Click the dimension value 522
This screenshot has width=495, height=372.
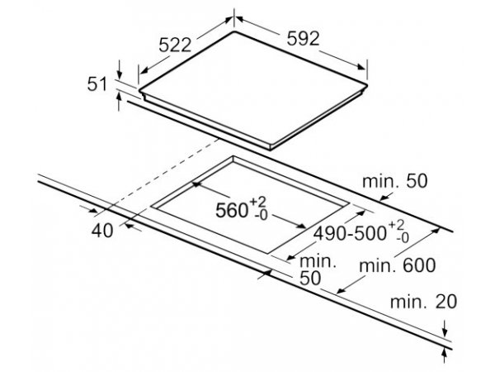[175, 45]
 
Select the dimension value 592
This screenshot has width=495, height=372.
[303, 39]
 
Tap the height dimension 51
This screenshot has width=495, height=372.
[97, 84]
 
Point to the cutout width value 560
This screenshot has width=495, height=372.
[232, 210]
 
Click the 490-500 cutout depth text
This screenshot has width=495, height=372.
[350, 234]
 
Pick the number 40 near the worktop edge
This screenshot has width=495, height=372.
[102, 231]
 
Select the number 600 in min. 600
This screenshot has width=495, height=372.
[419, 265]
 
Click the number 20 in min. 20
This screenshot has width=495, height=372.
[445, 302]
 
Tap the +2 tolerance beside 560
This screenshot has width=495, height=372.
[258, 203]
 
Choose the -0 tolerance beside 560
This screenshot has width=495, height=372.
[261, 216]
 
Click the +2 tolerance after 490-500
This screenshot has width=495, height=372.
[397, 226]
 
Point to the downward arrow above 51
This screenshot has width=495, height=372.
[119, 70]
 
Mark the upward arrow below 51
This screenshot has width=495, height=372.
[119, 101]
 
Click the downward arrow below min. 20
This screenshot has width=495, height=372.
[445, 329]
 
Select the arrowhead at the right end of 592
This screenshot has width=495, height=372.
[361, 66]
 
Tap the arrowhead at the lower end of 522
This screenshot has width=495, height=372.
[143, 70]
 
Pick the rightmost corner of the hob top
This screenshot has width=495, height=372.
[367, 85]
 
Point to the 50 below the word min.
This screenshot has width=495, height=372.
[310, 279]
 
